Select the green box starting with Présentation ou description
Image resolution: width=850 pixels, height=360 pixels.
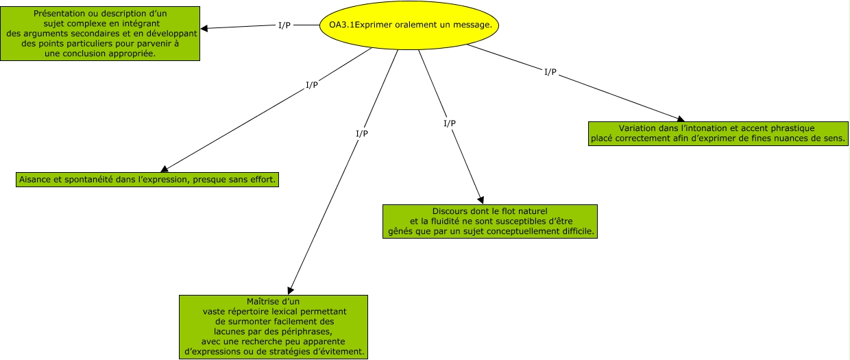[x=100, y=34]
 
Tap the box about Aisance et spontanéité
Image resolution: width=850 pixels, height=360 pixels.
[x=147, y=180]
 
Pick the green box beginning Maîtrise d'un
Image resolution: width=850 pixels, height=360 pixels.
[x=274, y=326]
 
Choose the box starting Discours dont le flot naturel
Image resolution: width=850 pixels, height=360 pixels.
[x=489, y=221]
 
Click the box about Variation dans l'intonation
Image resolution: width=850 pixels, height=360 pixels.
[x=718, y=133]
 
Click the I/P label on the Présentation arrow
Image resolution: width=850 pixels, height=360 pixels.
[x=284, y=25]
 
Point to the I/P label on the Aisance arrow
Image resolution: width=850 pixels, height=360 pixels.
[x=311, y=85]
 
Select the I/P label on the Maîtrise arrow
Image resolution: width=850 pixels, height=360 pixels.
[x=362, y=133]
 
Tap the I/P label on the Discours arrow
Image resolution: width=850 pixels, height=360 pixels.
[x=450, y=123]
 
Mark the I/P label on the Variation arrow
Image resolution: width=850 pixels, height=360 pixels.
[x=550, y=72]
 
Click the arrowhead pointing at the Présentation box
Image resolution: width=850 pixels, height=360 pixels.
[x=204, y=28]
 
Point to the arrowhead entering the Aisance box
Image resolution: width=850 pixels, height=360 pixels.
[x=164, y=169]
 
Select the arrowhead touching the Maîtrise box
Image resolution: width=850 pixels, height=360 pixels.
[x=291, y=290]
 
